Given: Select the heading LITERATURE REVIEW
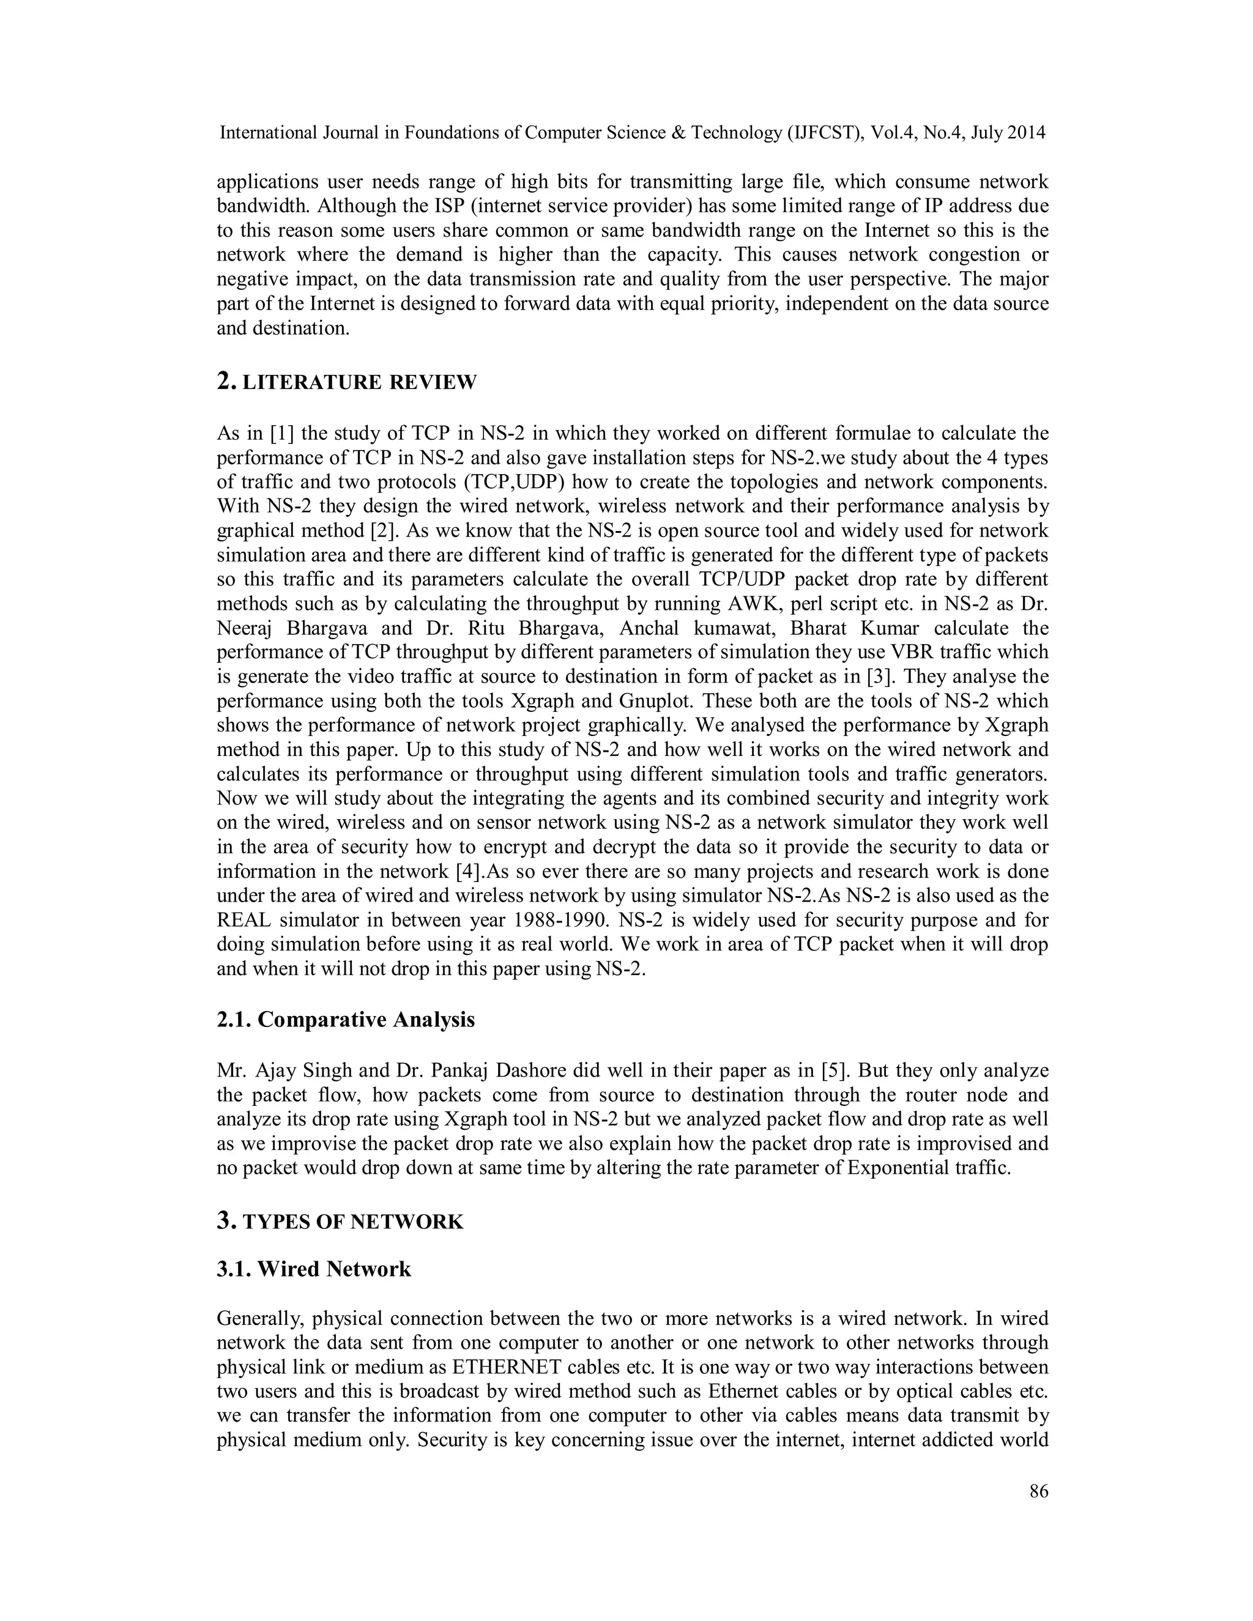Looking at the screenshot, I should pyautogui.click(x=359, y=382).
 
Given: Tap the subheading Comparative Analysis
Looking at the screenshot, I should pyautogui.click(x=366, y=1019).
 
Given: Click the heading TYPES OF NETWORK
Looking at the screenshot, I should pyautogui.click(x=352, y=1222).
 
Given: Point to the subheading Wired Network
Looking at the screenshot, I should pyautogui.click(x=334, y=1269).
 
